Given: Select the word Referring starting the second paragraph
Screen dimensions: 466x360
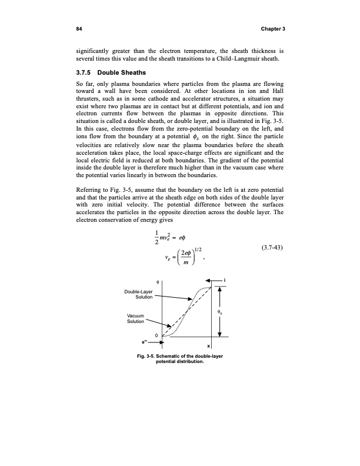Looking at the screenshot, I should point(89,191).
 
